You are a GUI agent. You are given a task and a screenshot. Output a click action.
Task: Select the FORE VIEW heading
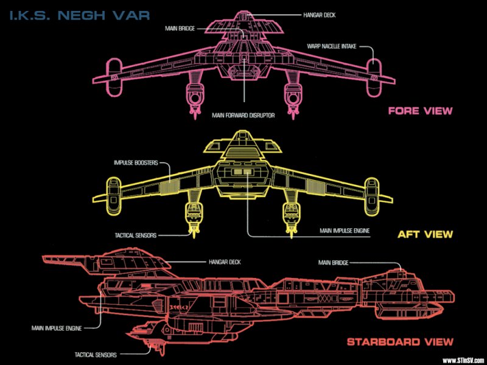pyautogui.click(x=420, y=111)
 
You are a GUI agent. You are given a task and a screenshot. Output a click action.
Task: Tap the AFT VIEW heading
pyautogui.click(x=425, y=234)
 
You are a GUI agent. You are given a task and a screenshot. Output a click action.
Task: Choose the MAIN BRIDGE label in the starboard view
pyautogui.click(x=333, y=263)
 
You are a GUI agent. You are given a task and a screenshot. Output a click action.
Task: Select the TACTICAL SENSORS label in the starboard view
pyautogui.click(x=96, y=354)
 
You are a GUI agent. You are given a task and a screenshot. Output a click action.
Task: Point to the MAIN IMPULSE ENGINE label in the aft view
pyautogui.click(x=344, y=231)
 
